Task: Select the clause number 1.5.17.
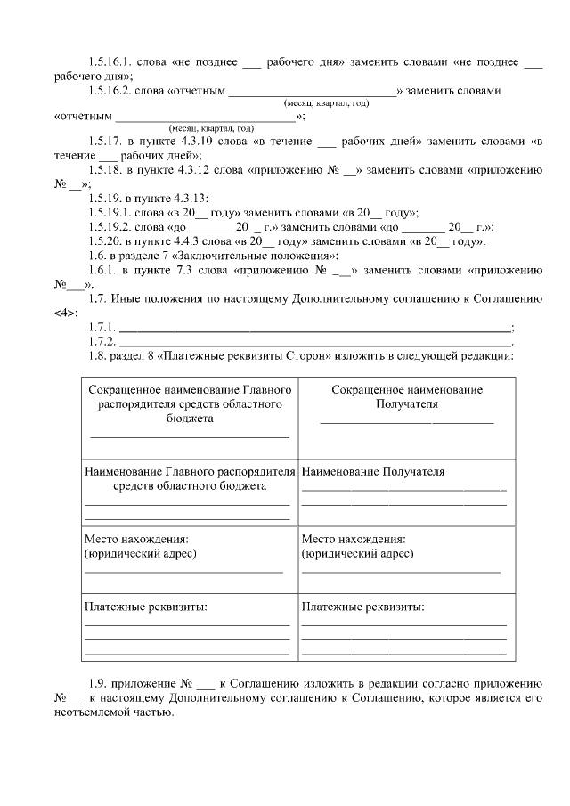click(106, 142)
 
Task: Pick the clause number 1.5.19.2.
click(111, 226)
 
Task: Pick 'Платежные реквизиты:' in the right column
click(363, 607)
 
